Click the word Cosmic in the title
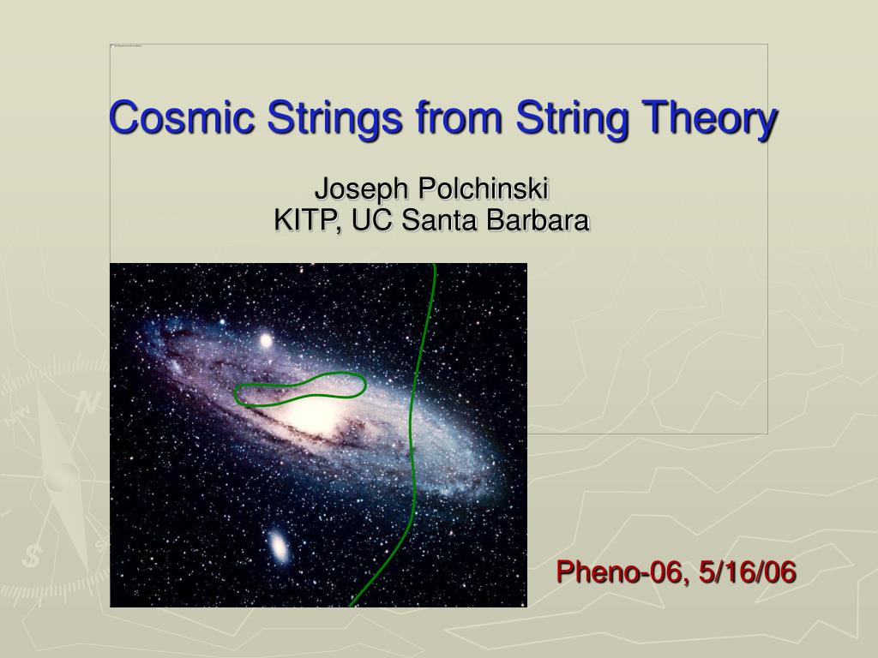tap(182, 117)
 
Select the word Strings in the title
tap(334, 118)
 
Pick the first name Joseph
tap(362, 189)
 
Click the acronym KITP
tap(308, 220)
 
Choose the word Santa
tap(439, 220)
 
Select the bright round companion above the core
tap(266, 340)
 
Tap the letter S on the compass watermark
tap(32, 556)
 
